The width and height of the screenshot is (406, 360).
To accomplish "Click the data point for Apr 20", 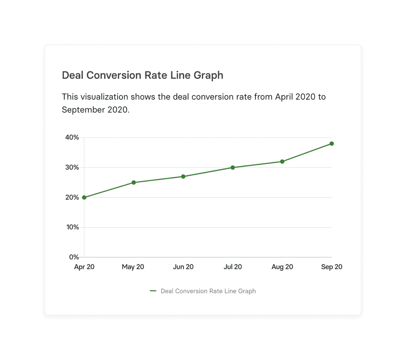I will coord(84,197).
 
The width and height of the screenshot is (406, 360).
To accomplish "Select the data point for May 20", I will coord(134,183).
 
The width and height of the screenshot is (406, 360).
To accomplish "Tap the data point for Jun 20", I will coord(183,177).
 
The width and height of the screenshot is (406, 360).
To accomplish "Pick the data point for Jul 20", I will coord(233,168).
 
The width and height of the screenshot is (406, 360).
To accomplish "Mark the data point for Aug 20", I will coord(282,162).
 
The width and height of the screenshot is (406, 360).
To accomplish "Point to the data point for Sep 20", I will coord(332,144).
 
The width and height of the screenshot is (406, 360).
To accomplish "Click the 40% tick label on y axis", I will coord(72,138).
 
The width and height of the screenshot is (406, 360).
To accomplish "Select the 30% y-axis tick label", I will coord(72,168).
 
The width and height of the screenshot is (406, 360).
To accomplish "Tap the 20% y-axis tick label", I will coord(72,197).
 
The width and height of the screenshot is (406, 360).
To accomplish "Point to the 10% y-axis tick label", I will coord(72,227).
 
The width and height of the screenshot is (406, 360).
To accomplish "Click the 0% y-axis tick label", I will coord(74,257).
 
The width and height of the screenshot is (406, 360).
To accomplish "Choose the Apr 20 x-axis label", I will coord(84,267).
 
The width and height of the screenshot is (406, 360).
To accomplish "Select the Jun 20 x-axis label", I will coord(183,267).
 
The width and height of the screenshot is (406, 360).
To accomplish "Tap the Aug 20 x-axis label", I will coord(282,267).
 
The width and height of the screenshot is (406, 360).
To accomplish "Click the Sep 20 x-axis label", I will coord(332,267).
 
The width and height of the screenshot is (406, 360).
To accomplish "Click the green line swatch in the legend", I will coord(153,291).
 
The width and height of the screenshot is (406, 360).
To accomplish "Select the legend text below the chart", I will coord(208,291).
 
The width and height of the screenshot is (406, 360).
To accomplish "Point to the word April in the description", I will coord(284,97).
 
